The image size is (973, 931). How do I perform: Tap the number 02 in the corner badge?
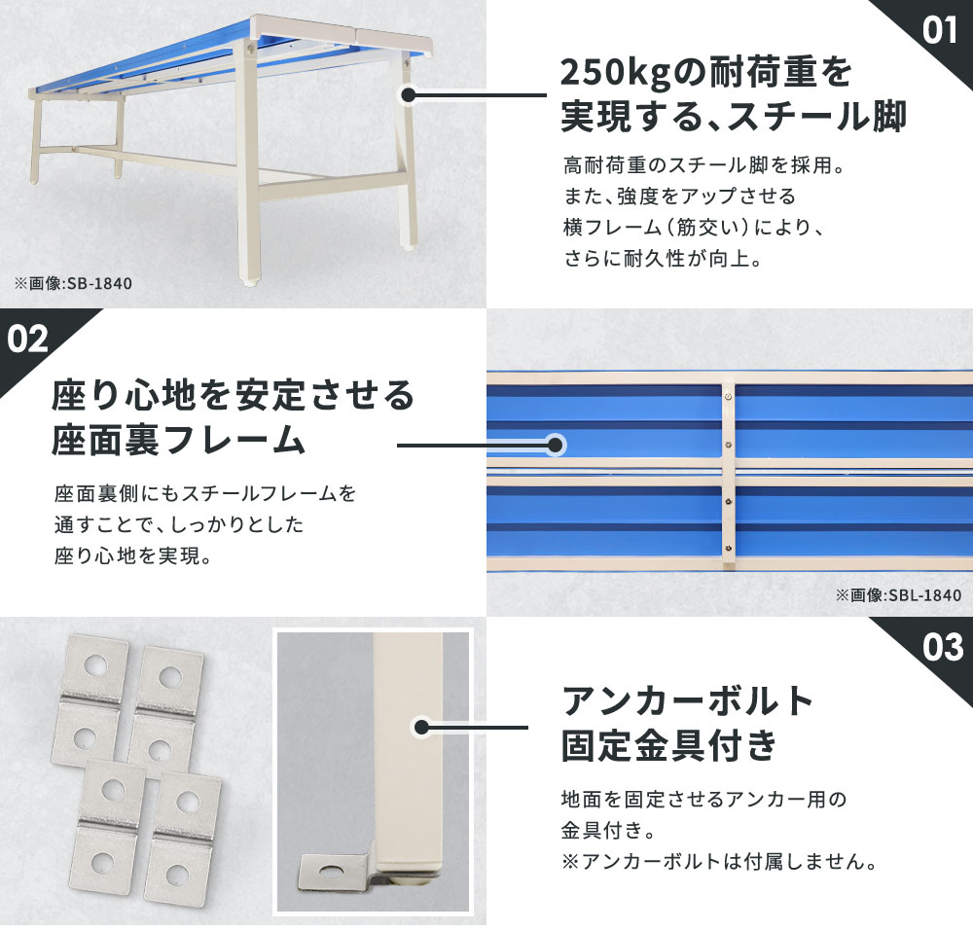28,339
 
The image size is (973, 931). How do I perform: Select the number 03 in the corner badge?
942,647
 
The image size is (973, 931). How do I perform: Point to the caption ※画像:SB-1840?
73,284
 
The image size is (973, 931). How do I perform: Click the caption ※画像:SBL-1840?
897,595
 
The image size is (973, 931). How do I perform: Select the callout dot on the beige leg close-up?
421,727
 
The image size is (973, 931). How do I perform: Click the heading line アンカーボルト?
688,699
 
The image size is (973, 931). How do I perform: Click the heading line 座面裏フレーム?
179,441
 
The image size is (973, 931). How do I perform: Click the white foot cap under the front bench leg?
252,286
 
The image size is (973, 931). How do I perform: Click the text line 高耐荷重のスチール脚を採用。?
703,165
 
